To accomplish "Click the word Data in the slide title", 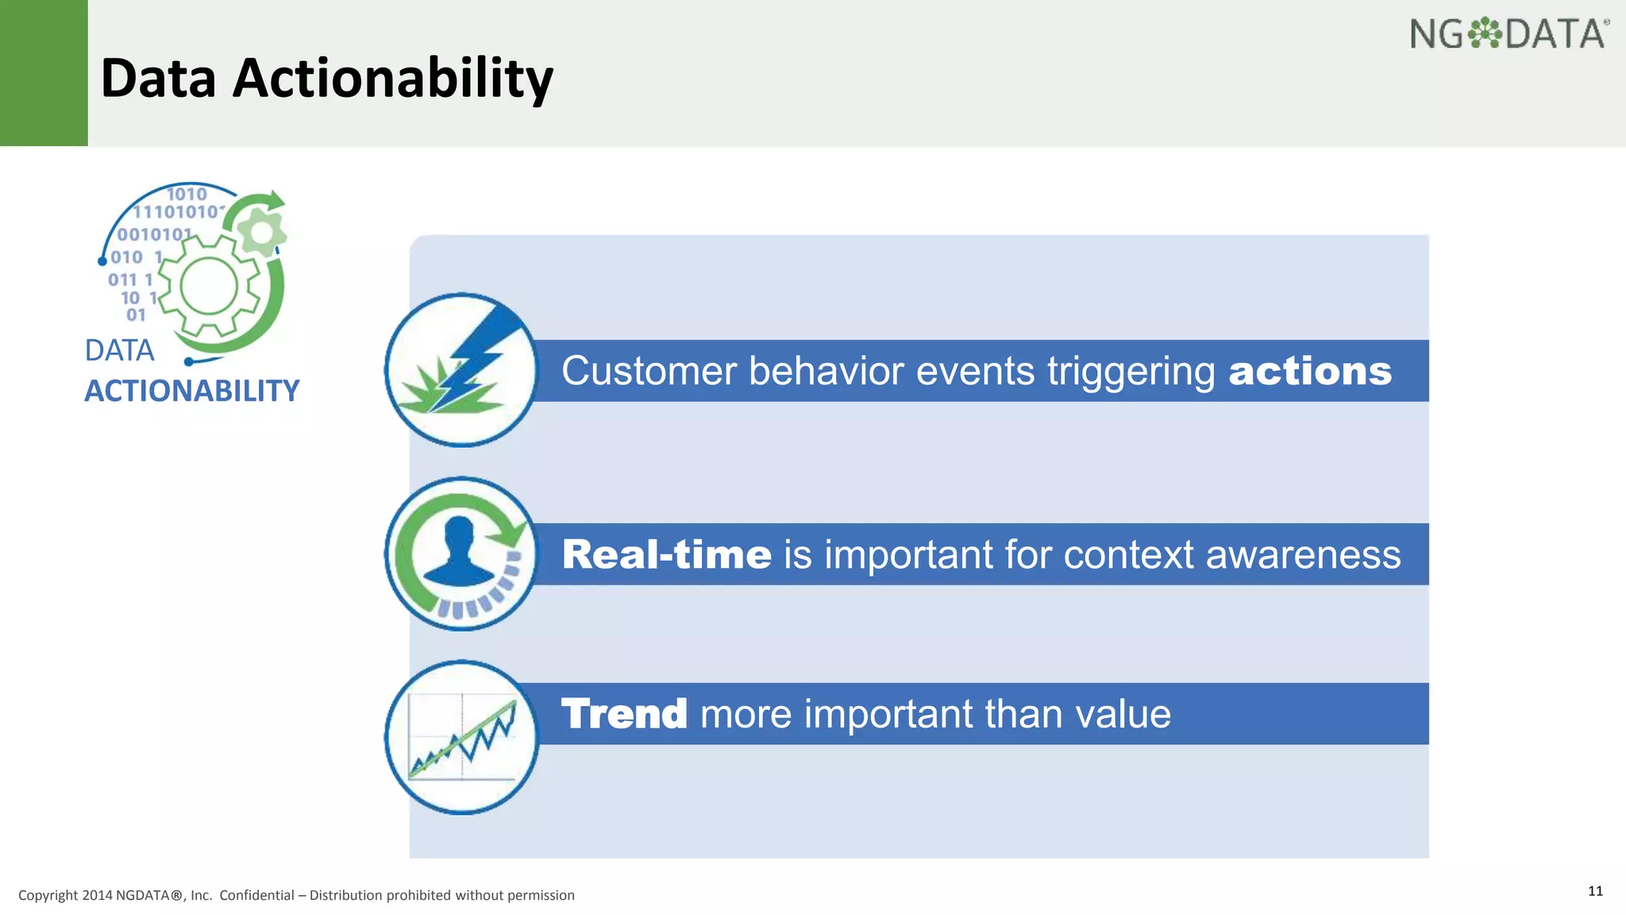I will tap(158, 79).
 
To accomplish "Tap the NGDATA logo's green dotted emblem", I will tap(1483, 34).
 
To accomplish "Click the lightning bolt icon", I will tap(476, 357).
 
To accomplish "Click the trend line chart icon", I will tap(462, 737).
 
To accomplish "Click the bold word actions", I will tap(1310, 372).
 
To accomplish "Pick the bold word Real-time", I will tap(666, 554).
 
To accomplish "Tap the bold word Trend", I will tap(624, 714).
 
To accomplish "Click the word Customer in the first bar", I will tap(649, 372).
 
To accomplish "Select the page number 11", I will tap(1595, 891).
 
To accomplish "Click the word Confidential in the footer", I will tap(256, 896).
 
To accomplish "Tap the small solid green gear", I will tap(261, 234).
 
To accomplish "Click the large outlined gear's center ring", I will tap(209, 287).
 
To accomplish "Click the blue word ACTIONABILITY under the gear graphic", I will tap(191, 391).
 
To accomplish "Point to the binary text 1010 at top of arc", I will tap(187, 194).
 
